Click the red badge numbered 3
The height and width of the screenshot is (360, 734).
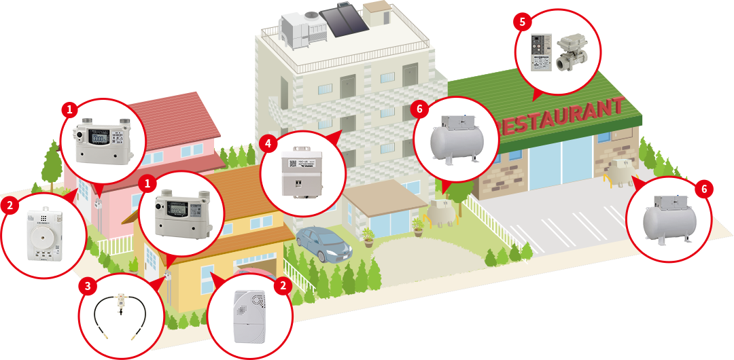(87, 286)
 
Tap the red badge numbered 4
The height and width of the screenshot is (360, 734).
(269, 144)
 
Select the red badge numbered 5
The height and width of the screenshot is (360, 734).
(522, 22)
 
